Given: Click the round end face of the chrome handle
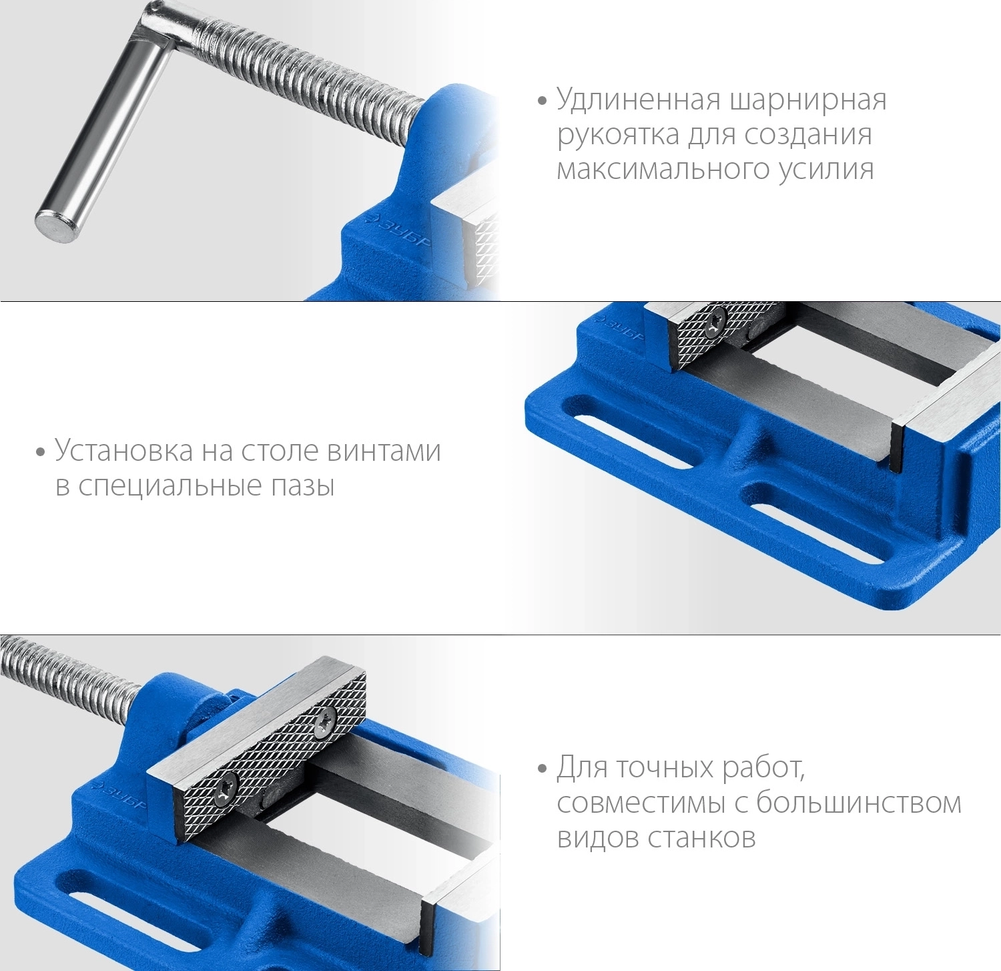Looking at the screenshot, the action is click(x=56, y=225).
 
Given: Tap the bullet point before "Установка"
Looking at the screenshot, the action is click(x=41, y=453).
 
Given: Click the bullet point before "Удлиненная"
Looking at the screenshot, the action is click(x=542, y=102).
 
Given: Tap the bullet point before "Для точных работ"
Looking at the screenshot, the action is click(x=542, y=769).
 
